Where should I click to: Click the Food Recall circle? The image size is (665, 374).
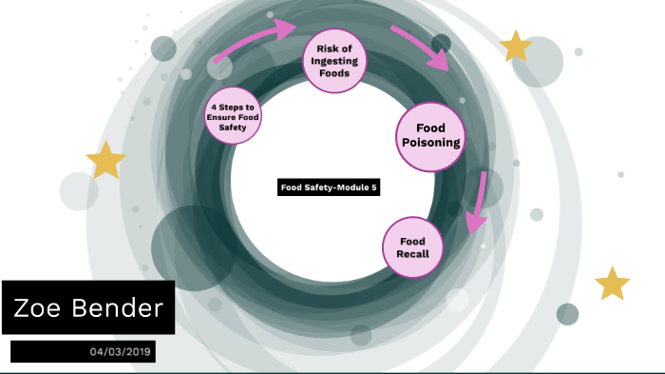coord(412,247)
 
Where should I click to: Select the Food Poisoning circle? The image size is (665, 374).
coord(429,135)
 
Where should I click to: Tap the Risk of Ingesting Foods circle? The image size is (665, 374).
coord(333,59)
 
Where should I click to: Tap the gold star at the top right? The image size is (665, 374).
coord(516,46)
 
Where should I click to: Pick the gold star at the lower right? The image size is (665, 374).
coord(612,284)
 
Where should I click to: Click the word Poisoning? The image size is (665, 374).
coord(429,144)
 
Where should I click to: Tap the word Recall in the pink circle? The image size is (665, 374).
coord(412,254)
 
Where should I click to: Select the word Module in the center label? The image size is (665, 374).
coord(349,187)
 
